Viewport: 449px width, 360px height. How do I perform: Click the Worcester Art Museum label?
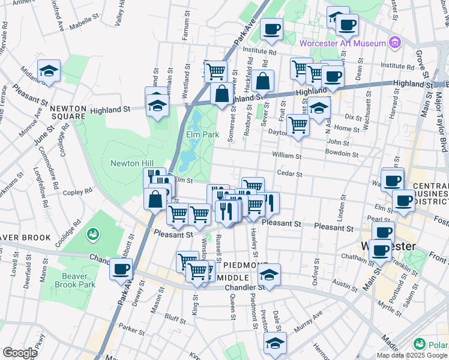point(343,43)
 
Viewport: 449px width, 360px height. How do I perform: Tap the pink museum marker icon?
point(394,43)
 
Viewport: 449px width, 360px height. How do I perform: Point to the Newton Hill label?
point(132,163)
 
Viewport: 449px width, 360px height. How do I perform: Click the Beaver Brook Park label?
point(78,280)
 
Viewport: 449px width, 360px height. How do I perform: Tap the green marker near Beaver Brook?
point(92,233)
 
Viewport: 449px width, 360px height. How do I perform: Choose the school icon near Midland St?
point(49,71)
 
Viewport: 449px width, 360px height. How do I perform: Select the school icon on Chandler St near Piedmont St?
point(270,275)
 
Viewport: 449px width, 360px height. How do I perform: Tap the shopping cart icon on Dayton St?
point(298,125)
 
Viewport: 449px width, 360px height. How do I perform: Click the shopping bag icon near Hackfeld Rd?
point(262,81)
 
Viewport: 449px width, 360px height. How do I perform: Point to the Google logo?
point(20,352)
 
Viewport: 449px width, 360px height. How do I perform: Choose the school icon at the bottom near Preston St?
point(275,343)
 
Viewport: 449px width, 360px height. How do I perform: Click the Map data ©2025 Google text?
point(412,355)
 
